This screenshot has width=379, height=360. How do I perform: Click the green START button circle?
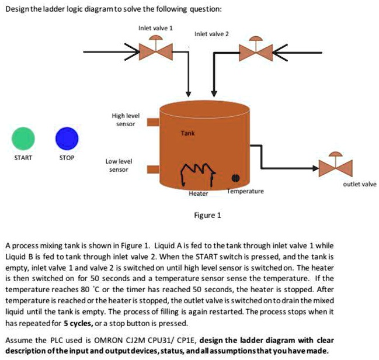point(25,139)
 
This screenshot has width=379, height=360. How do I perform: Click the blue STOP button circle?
point(70,139)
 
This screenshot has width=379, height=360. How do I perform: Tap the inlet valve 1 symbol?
point(155,51)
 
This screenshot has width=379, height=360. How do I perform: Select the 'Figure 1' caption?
point(207,214)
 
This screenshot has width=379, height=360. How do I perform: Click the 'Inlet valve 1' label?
point(155,27)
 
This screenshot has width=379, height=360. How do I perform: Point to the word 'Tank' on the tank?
point(187,133)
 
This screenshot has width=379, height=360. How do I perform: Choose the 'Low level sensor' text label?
point(119,165)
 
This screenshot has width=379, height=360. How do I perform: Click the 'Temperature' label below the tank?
point(245,191)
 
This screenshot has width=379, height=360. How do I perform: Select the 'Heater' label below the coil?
point(198,193)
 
